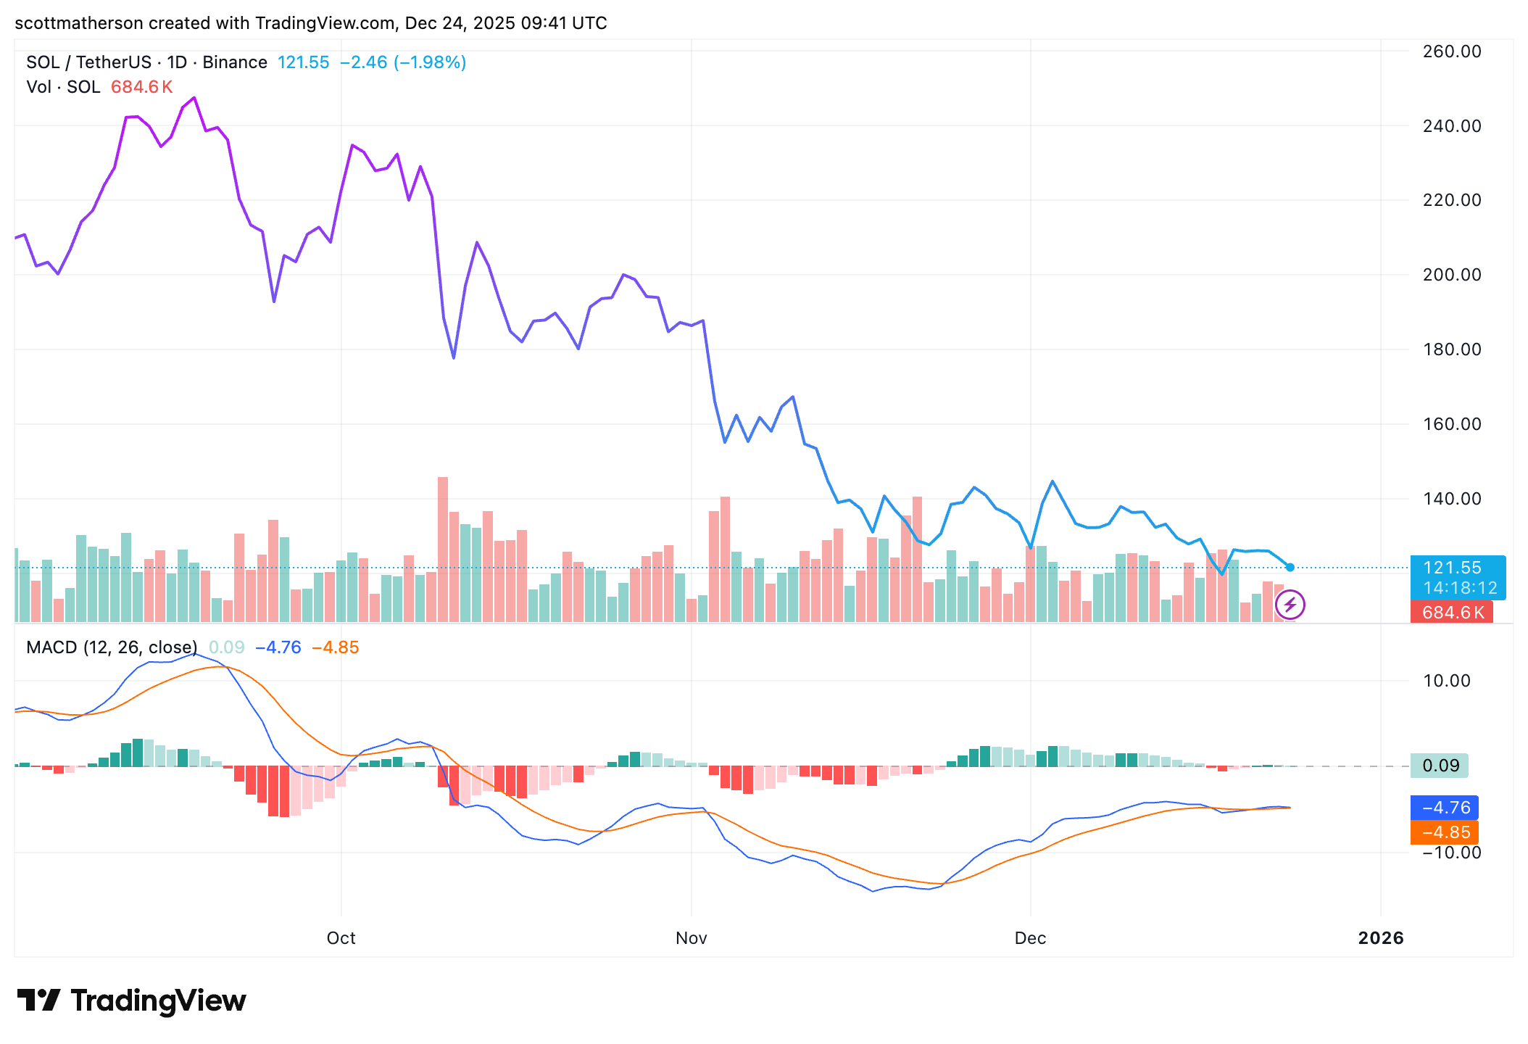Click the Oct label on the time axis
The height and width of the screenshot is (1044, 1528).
tap(341, 938)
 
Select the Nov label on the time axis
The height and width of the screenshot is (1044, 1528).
tap(691, 938)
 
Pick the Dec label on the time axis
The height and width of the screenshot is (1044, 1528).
tap(1030, 938)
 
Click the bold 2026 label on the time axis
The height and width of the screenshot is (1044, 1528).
tap(1381, 938)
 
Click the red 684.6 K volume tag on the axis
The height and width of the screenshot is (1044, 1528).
tap(1452, 613)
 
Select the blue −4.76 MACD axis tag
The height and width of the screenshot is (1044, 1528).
tap(1445, 808)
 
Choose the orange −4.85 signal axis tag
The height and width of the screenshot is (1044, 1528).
tap(1445, 832)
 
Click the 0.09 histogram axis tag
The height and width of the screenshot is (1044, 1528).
tap(1440, 766)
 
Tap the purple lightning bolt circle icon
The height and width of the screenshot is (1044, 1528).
tap(1290, 605)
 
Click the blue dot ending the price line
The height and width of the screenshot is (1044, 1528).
tap(1290, 568)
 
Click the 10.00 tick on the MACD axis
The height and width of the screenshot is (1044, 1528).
tap(1446, 681)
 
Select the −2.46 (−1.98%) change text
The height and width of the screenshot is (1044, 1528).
tap(403, 62)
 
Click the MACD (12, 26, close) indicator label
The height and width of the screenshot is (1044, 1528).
tap(112, 647)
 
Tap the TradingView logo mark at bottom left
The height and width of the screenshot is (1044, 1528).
tap(38, 1000)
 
